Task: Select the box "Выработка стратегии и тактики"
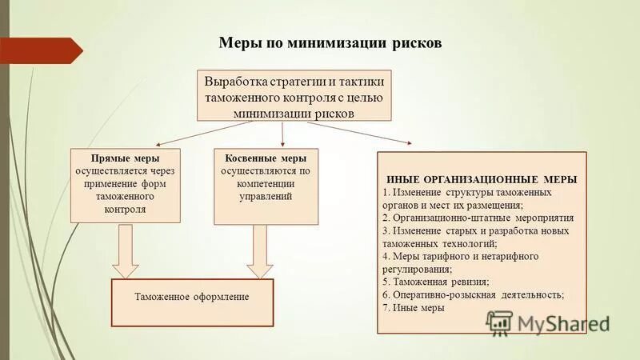point(294,95)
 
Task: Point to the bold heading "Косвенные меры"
point(266,158)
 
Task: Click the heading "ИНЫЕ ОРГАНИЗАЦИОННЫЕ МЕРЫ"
point(482,179)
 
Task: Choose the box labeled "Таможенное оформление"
point(192,297)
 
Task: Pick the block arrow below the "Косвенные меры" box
point(259,250)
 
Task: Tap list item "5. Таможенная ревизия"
point(436,282)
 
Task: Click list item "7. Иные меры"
point(414,307)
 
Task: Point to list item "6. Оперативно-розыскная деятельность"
point(474,294)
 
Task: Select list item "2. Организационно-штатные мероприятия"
point(478,218)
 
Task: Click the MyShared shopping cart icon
point(500,322)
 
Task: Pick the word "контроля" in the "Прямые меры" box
point(125,209)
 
